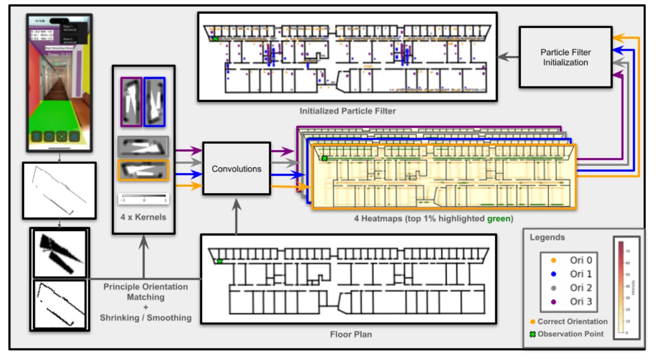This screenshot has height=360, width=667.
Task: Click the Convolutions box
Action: click(x=236, y=168)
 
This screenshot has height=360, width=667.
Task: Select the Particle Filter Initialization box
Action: click(x=565, y=57)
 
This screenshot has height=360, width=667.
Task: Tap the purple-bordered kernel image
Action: click(x=131, y=102)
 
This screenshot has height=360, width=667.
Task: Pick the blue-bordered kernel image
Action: click(x=154, y=102)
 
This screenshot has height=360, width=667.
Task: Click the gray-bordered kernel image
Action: click(x=143, y=146)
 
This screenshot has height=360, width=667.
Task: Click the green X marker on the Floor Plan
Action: click(x=220, y=261)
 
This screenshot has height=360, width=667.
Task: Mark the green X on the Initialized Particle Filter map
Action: click(x=215, y=39)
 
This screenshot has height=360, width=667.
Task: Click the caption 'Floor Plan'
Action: click(x=351, y=334)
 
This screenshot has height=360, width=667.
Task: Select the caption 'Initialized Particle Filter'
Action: click(x=347, y=111)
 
